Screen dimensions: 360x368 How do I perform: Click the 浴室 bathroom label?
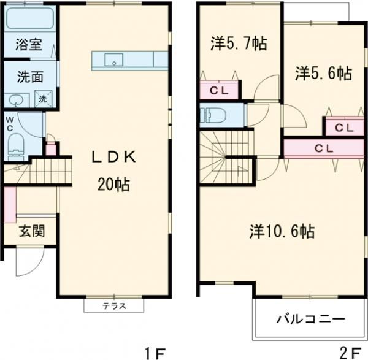[28, 45]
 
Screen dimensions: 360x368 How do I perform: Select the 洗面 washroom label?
[29, 78]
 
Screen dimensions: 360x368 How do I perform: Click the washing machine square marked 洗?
[43, 98]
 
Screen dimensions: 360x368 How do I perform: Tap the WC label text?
[10, 124]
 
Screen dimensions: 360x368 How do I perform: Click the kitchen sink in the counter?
[113, 59]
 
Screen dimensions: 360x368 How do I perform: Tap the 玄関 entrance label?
[29, 232]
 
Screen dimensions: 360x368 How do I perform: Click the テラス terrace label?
[113, 305]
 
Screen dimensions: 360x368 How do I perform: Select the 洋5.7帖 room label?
[239, 44]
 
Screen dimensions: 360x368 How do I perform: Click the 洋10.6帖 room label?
[282, 231]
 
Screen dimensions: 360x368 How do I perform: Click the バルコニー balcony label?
[310, 320]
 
